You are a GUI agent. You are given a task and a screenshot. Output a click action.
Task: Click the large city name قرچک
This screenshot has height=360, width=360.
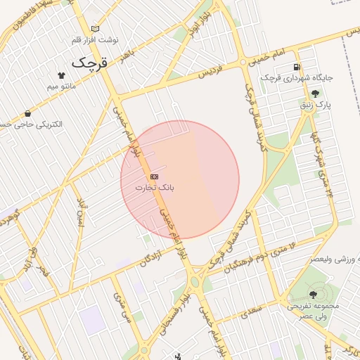pos(91,63)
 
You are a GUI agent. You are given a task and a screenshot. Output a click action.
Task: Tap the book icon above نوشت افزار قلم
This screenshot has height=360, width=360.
pos(96,29)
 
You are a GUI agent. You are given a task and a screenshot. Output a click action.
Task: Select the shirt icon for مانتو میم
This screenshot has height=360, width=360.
pos(61,75)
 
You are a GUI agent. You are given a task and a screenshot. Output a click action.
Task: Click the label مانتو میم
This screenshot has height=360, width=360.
pos(61,86)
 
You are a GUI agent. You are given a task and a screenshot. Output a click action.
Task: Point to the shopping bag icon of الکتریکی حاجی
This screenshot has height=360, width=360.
pos(27,113)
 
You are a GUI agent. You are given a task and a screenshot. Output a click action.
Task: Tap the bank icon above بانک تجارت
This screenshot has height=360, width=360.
pos(155,176)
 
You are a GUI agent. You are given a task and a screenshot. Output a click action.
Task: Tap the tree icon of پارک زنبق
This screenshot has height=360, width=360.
pos(314,93)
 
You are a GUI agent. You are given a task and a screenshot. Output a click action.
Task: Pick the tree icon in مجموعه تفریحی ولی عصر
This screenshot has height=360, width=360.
pos(313,295)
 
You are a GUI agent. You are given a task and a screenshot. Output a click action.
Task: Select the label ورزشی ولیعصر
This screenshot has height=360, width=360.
pos(328,259)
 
